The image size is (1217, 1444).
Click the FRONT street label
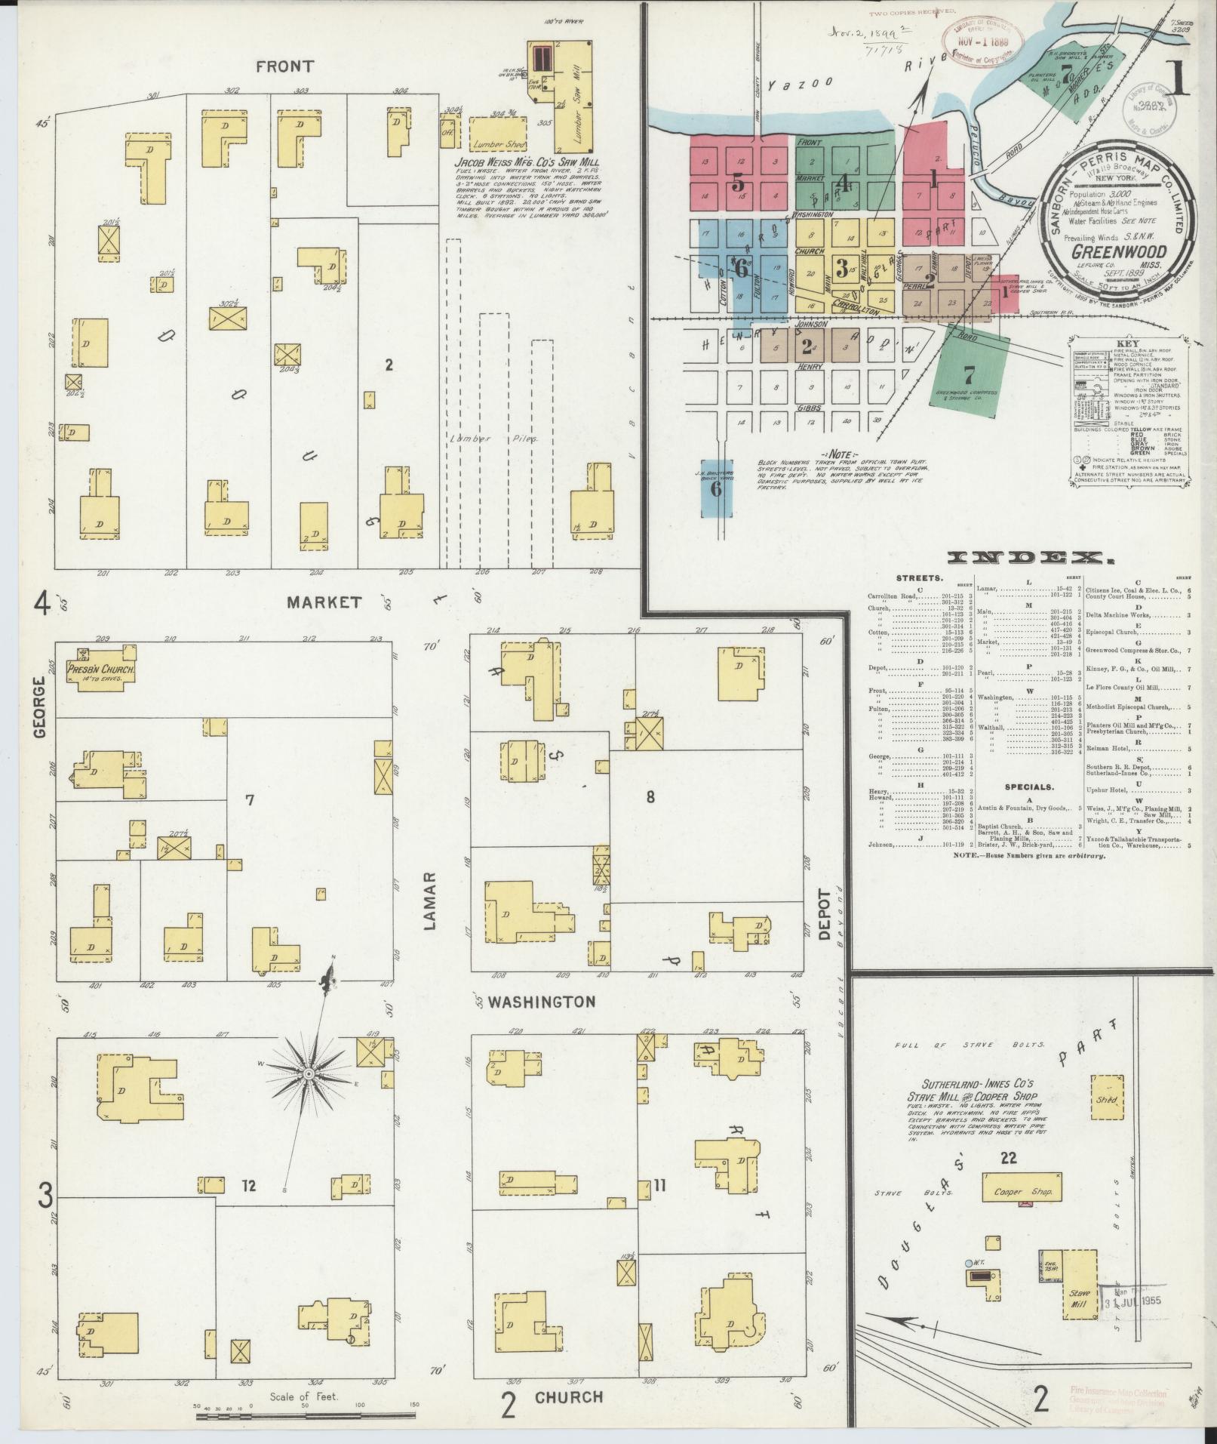click(x=284, y=66)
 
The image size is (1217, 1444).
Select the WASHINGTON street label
click(x=541, y=1002)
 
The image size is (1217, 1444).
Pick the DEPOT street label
click(x=823, y=915)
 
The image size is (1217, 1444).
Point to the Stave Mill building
click(x=1080, y=1296)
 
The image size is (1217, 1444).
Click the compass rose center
click(x=309, y=1073)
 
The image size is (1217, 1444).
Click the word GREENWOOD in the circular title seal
click(x=1120, y=251)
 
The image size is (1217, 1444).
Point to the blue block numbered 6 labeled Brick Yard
click(x=716, y=488)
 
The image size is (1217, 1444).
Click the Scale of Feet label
click(x=304, y=1396)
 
